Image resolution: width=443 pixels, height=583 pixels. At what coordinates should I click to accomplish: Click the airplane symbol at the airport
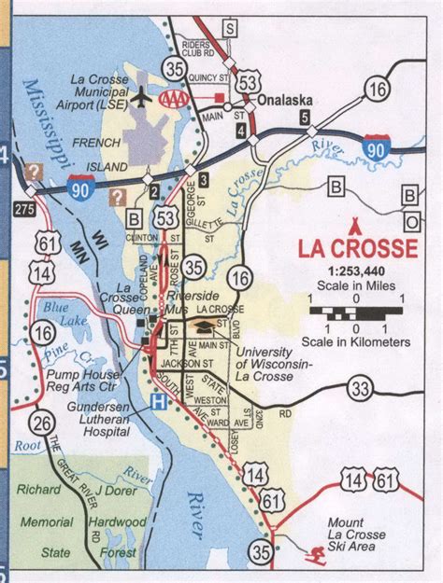[142, 96]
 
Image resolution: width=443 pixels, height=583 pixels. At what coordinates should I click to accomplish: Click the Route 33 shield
[359, 386]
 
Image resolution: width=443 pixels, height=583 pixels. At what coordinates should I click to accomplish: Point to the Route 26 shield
[41, 423]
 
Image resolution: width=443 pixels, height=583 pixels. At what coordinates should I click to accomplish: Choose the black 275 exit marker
[24, 208]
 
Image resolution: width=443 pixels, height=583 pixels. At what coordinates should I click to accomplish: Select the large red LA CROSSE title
[357, 249]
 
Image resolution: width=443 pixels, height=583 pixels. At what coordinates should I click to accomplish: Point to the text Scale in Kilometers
[357, 342]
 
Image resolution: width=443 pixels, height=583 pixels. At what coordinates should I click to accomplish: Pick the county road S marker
[230, 29]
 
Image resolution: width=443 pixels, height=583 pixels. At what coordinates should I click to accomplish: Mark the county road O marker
[409, 222]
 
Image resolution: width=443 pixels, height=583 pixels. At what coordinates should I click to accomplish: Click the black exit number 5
[304, 117]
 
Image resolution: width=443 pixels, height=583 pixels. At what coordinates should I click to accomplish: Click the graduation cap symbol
[202, 326]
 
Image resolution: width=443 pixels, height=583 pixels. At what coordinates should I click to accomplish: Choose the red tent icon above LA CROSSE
[354, 228]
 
